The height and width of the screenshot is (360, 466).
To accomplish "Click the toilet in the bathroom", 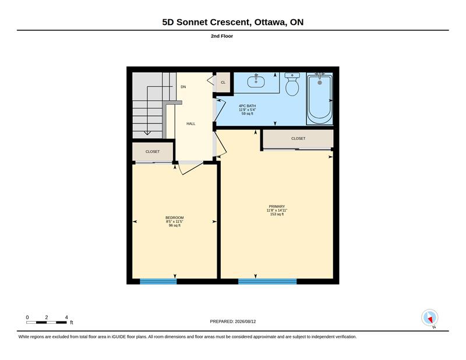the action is click(292, 84).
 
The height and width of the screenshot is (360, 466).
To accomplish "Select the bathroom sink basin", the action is click(256, 82).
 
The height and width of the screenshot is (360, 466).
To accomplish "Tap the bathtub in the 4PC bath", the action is click(319, 99).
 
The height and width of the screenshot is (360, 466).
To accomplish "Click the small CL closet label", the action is click(223, 82).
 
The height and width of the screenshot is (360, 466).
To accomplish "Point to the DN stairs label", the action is click(183, 87).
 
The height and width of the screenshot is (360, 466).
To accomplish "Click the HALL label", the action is click(191, 123).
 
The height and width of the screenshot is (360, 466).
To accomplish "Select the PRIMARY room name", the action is click(277, 206).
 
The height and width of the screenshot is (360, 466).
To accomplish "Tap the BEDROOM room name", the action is click(174, 218).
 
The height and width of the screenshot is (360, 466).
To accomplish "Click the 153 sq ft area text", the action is click(277, 214).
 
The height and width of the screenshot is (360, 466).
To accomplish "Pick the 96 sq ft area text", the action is click(174, 225).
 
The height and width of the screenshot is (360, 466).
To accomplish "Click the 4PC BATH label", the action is click(247, 106).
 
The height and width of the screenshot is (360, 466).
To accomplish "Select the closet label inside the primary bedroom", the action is click(298, 139).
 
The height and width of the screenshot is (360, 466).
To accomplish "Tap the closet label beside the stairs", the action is click(153, 151).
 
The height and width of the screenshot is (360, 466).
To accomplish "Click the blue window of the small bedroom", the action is click(158, 281).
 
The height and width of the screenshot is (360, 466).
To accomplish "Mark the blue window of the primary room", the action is click(267, 281).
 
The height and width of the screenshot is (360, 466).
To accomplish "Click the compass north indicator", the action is click(430, 318).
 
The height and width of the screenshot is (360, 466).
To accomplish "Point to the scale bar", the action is click(47, 322).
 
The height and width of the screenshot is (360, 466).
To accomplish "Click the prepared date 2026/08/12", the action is click(245, 322).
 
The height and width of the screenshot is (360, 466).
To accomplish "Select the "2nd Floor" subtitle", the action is click(222, 36).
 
